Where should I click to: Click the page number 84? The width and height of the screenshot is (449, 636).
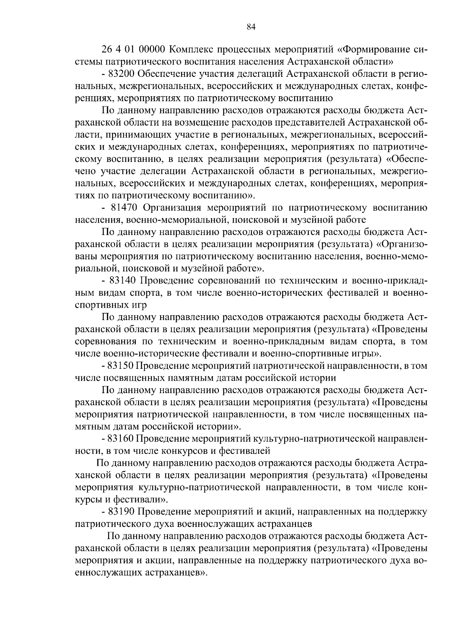click(251, 27)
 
